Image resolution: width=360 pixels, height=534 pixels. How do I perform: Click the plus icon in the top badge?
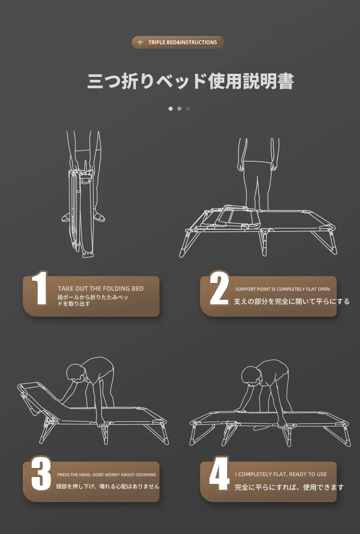coord(140,42)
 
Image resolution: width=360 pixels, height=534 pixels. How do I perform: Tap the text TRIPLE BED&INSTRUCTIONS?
coord(183,42)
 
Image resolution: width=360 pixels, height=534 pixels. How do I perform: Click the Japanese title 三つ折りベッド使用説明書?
coord(190,81)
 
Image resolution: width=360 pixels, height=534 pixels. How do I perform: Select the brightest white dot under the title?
coord(170,108)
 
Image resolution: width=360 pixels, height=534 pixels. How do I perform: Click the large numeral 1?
coord(40,288)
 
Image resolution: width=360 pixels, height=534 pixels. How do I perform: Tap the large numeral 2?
coord(219,288)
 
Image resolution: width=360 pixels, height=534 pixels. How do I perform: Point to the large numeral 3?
coord(41,474)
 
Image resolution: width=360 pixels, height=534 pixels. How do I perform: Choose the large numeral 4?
coord(219,474)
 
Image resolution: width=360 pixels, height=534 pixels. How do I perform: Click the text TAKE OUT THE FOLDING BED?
coord(100,288)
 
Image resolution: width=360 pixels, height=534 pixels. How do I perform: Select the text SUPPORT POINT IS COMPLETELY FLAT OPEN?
coord(283,289)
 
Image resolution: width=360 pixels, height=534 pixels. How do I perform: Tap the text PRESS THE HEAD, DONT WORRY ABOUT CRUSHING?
coord(107,474)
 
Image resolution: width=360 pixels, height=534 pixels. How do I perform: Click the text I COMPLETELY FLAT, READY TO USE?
coord(281,474)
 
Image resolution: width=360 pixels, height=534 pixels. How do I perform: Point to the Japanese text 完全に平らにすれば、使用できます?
coord(289,488)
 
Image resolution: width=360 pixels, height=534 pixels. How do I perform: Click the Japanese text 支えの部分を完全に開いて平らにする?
coord(292,301)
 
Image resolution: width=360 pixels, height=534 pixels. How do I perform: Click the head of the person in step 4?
coord(251,375)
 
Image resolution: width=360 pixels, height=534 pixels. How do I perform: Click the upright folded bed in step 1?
coord(81,213)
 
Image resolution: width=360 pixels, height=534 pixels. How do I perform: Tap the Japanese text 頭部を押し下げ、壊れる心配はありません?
coord(108,486)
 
